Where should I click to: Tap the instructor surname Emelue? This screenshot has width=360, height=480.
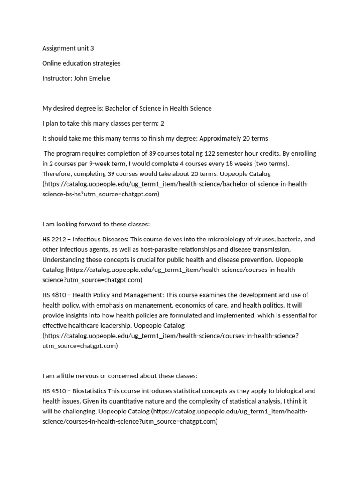[99, 78]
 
